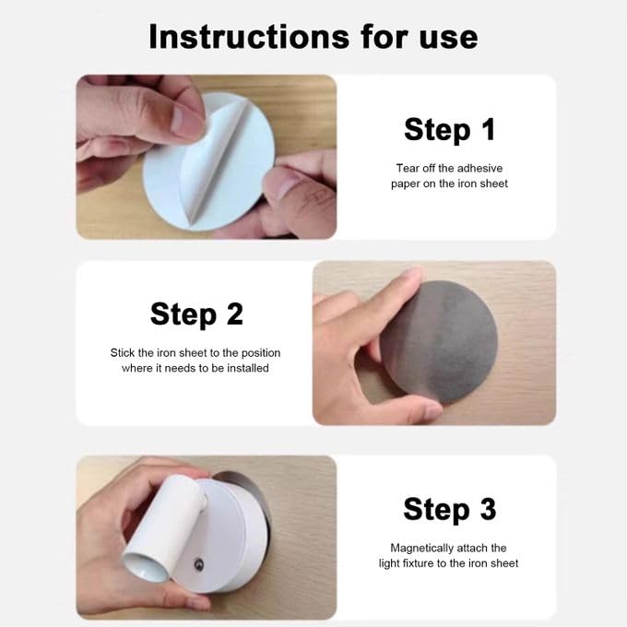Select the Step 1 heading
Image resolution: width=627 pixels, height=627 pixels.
pos(449,130)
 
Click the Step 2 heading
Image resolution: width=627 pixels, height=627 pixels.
pos(196,314)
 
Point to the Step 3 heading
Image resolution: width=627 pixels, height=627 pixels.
pos(449,509)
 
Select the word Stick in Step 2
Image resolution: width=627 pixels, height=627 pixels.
pos(123,353)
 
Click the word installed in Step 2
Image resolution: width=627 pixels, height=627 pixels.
pos(248,368)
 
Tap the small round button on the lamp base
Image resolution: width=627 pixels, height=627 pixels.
pos(199,564)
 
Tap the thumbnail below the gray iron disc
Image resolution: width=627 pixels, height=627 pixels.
pos(432,411)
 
